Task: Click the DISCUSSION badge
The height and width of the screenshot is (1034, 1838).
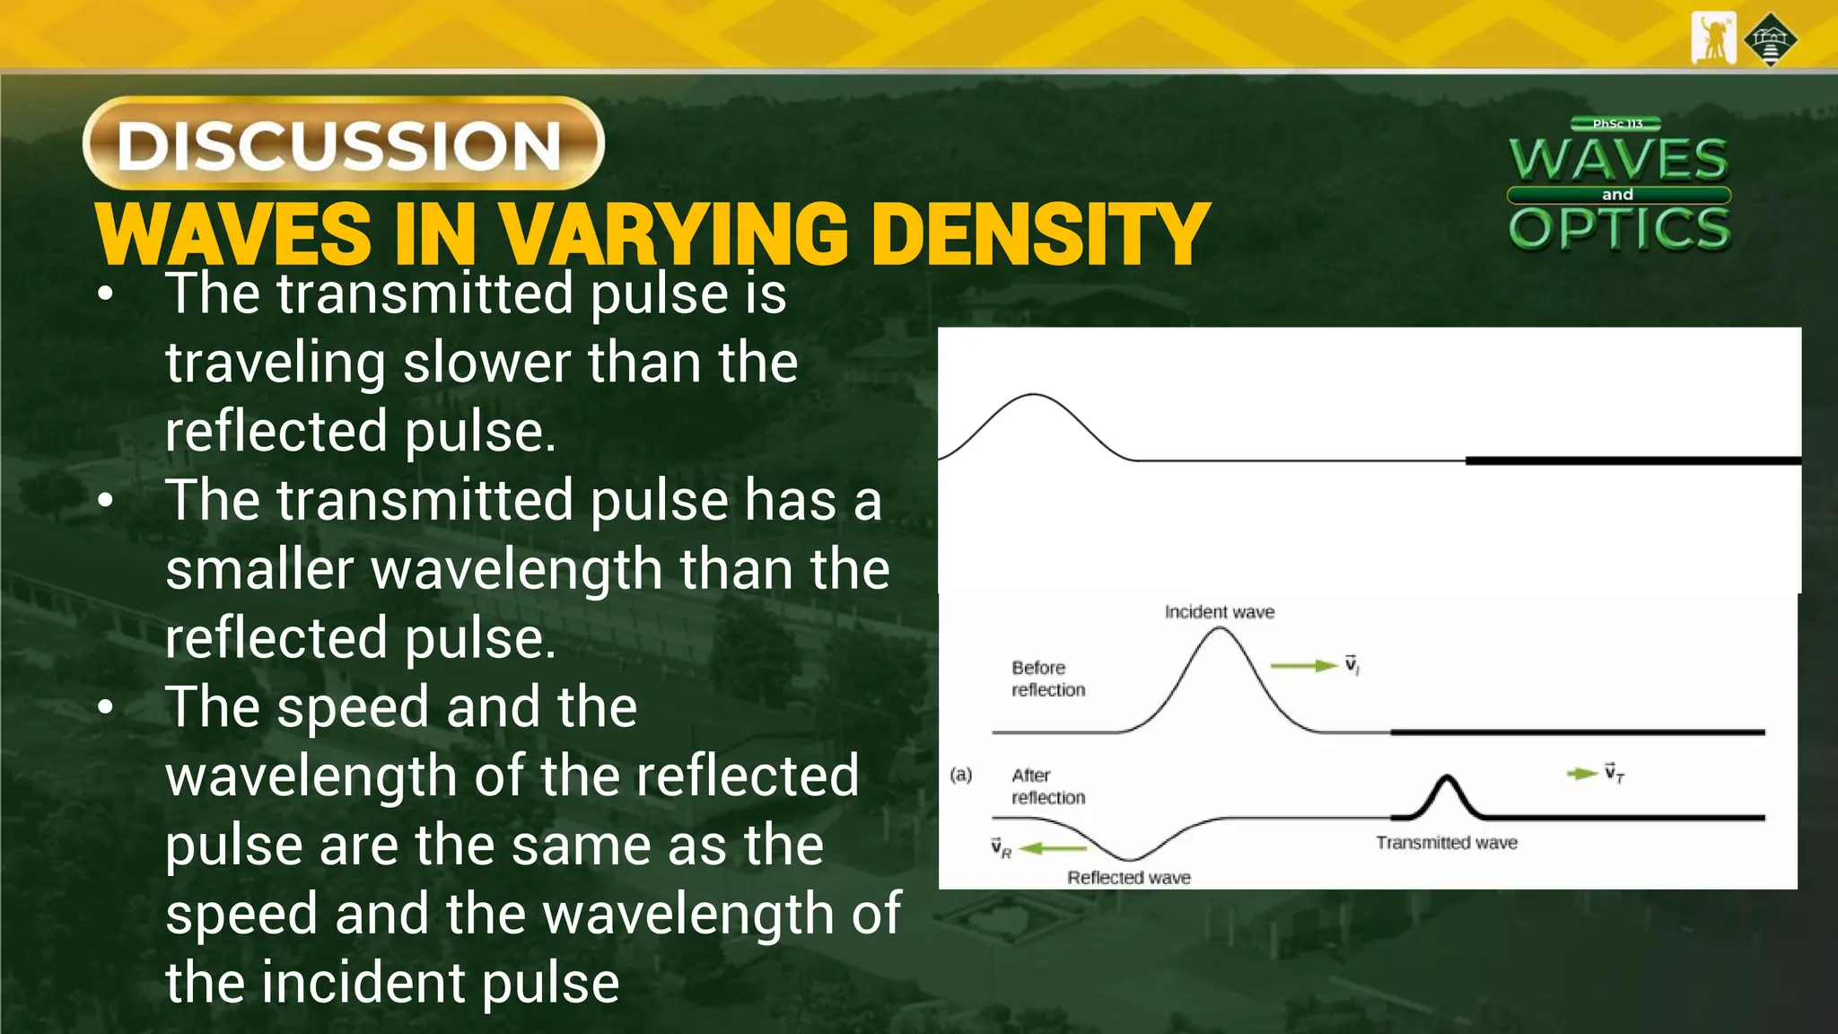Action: tap(343, 144)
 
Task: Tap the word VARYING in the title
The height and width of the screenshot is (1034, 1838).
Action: tap(673, 235)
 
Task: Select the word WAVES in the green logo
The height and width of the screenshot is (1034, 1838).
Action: tap(1618, 160)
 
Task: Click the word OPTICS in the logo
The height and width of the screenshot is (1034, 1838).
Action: tap(1619, 228)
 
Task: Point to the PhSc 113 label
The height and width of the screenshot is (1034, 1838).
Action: tap(1617, 124)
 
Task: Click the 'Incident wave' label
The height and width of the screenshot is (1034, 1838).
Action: tap(1219, 612)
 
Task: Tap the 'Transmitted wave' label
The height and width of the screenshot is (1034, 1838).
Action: tap(1446, 843)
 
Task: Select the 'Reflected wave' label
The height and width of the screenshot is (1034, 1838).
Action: tap(1128, 878)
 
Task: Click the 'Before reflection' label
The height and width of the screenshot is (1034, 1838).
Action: tap(1047, 679)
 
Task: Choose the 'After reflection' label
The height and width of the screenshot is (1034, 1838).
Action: tap(1047, 786)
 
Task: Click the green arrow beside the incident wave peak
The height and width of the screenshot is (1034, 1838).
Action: tap(1303, 666)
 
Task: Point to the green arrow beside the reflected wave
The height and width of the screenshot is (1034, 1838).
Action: tap(1054, 848)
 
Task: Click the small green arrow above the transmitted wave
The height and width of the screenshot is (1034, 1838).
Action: tap(1581, 774)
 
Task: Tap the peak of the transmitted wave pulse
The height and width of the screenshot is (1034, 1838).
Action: tap(1446, 778)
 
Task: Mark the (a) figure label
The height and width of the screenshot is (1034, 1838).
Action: tap(960, 775)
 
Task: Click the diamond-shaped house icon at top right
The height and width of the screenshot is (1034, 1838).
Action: tap(1770, 39)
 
